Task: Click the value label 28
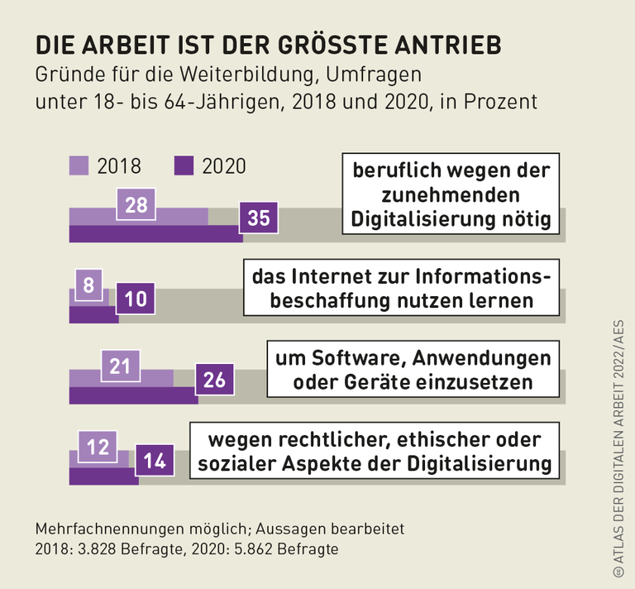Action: [136, 204]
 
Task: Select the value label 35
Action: [259, 218]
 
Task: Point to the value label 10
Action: [135, 299]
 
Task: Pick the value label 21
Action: [120, 365]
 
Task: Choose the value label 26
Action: [214, 380]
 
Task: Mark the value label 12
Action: [98, 447]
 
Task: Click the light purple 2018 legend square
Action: [79, 165]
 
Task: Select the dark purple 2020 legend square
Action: [184, 165]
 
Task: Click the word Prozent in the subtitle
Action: [504, 102]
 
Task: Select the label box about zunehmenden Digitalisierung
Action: [451, 195]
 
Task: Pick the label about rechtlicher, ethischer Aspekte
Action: [375, 451]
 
